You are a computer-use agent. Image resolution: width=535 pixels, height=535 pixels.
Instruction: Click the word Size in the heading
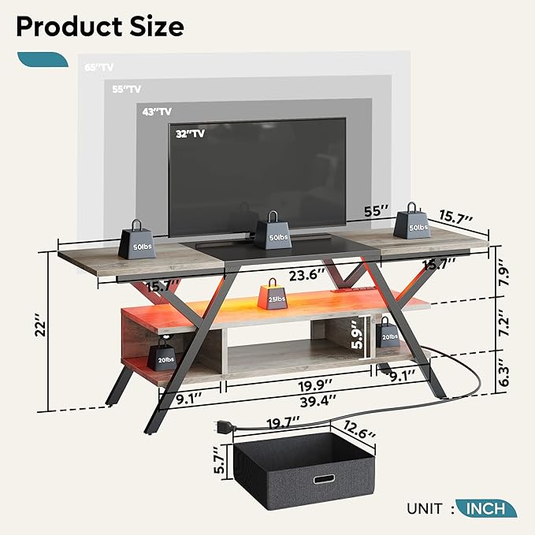click(x=157, y=27)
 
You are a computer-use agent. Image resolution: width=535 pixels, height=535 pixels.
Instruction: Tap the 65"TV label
click(x=99, y=67)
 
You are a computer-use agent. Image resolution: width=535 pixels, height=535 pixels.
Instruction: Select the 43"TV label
click(x=157, y=112)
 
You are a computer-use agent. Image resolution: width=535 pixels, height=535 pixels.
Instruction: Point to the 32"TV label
click(x=190, y=133)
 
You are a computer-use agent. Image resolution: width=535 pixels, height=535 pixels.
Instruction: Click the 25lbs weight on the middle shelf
click(x=273, y=294)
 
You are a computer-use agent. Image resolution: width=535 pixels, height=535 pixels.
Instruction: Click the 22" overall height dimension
click(x=40, y=329)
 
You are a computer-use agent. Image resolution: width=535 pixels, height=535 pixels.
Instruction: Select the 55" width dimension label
click(x=377, y=211)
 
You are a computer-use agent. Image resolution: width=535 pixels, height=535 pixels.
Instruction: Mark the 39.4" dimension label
click(x=318, y=401)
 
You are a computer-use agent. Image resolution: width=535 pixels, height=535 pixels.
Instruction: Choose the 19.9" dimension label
click(x=315, y=386)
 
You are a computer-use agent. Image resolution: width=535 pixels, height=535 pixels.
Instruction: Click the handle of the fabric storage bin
click(x=324, y=479)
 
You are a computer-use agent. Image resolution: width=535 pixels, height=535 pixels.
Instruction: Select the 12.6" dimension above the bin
click(x=359, y=429)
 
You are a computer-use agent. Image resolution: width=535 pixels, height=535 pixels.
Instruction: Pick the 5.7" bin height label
click(x=220, y=460)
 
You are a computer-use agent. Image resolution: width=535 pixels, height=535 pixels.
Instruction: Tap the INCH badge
click(x=486, y=508)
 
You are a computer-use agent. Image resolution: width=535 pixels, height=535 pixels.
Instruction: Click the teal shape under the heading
click(x=43, y=59)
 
